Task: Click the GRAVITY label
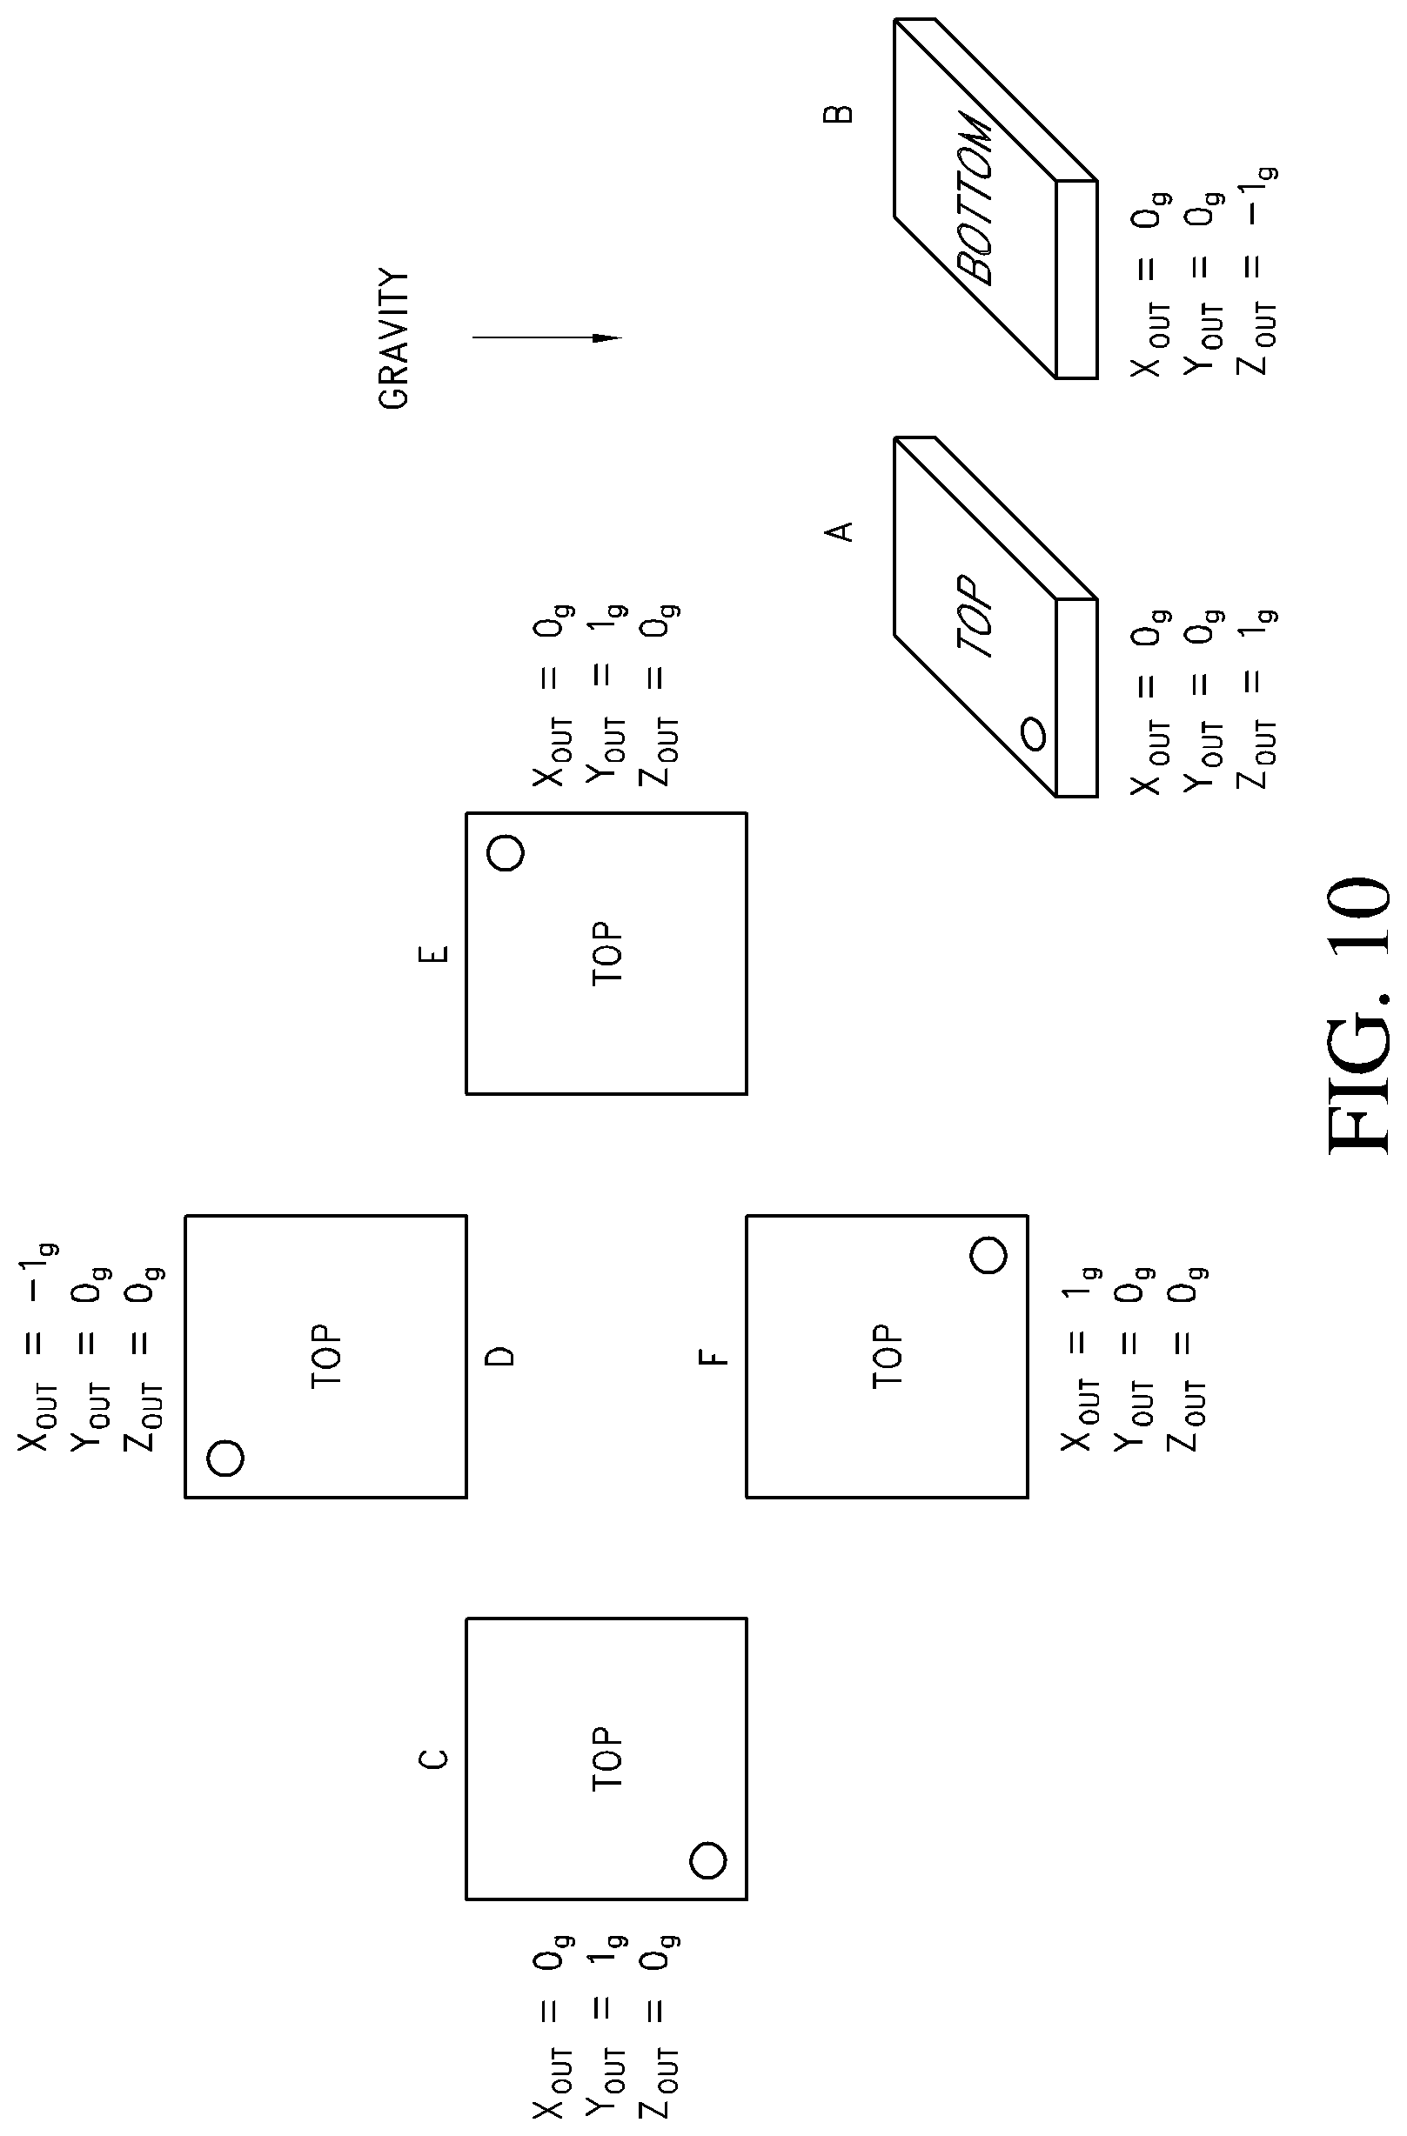(x=393, y=338)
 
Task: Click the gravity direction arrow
(x=546, y=338)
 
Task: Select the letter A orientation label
(x=839, y=531)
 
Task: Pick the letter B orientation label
(x=839, y=114)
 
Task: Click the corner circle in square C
(x=708, y=1859)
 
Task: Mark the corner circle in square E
(x=506, y=851)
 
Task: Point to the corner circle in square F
(x=988, y=1254)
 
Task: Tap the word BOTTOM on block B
(x=976, y=197)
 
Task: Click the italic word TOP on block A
(x=976, y=617)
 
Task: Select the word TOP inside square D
(x=327, y=1356)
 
